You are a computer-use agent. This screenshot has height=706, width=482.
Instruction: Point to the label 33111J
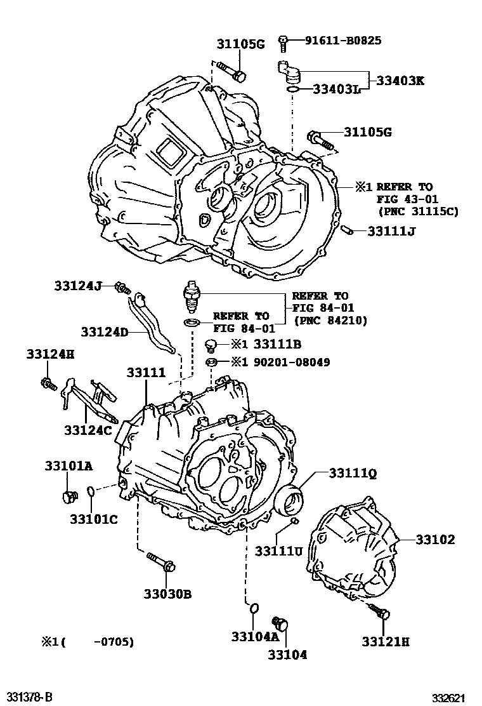point(391,231)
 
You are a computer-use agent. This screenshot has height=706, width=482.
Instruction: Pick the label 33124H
point(50,354)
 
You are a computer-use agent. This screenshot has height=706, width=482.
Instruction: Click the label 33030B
point(167,594)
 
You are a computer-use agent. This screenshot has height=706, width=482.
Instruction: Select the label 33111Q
point(353,473)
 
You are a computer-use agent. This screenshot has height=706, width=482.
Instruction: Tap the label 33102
point(436,540)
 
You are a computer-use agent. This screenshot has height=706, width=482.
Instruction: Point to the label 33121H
point(386,642)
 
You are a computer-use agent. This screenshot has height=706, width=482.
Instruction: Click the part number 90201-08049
point(301,363)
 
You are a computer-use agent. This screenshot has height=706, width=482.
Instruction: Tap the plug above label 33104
point(280,624)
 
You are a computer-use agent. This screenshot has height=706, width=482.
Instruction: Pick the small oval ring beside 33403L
point(292,90)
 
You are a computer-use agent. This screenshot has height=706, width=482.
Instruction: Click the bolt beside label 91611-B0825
point(283,43)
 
